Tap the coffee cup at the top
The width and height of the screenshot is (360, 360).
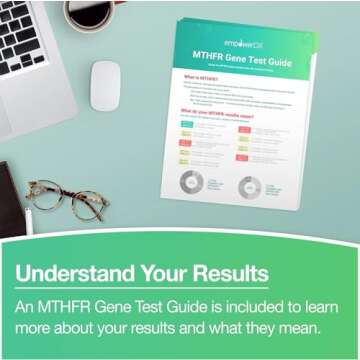tap(91, 12)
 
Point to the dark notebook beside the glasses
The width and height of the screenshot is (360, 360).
tap(10, 195)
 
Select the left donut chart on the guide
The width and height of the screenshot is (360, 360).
tap(190, 185)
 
